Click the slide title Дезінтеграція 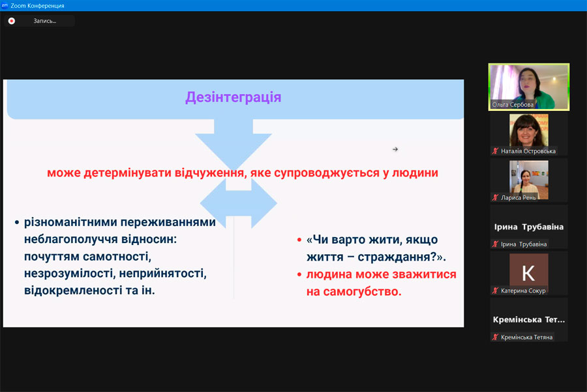[x=233, y=97]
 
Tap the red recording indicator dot [x=12, y=21]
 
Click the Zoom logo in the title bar [x=5, y=5]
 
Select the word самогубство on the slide [x=362, y=291]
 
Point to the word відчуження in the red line [x=209, y=173]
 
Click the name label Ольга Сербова [x=513, y=105]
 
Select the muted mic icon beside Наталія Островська [x=495, y=151]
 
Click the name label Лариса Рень [x=518, y=198]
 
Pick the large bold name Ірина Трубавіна [x=528, y=227]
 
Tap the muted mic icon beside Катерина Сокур [x=495, y=291]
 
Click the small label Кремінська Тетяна [x=526, y=337]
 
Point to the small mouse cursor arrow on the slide [x=395, y=150]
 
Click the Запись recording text [x=44, y=21]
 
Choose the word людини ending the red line [x=415, y=173]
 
